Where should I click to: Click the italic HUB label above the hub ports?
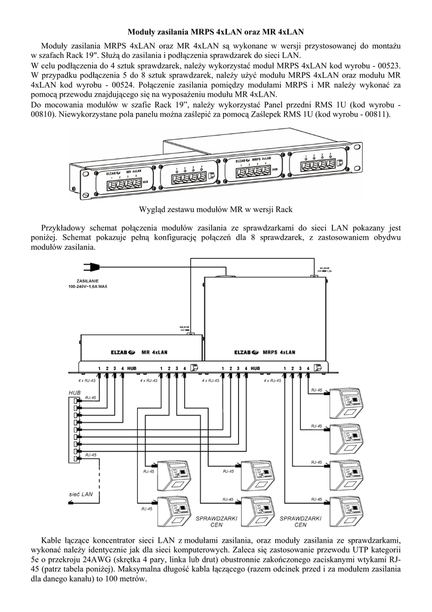[x=74, y=393]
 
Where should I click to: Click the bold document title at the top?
[x=215, y=30]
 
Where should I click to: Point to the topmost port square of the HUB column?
[x=75, y=400]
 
